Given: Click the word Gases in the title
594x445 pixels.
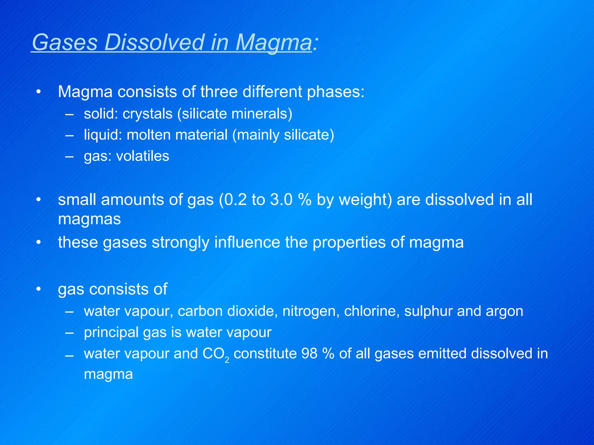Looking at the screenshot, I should point(65,42).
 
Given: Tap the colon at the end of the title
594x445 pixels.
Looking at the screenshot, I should point(316,43).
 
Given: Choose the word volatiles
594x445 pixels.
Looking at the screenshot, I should point(142,156).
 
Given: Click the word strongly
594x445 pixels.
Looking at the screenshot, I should point(180,243).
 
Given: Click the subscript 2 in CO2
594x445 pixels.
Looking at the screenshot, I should point(227,360).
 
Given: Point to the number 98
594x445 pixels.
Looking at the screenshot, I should point(309,353).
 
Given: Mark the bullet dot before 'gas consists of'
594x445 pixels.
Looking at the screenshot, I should point(39,289).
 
